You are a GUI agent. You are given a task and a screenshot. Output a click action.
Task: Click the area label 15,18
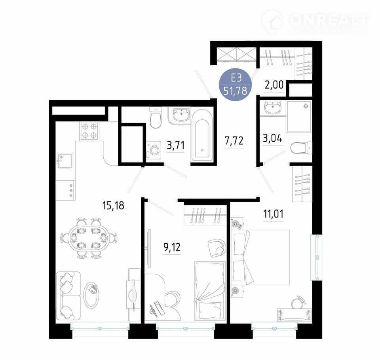pos(113,205)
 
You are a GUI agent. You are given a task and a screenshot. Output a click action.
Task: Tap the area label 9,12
pos(172,247)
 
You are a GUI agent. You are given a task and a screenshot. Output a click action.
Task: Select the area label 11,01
pos(273,214)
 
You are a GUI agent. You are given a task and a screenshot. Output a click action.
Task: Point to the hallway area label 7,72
pos(234,141)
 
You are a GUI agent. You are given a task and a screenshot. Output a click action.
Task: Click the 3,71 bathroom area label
pos(176,146)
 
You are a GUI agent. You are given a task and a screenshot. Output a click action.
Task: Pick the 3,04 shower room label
pos(272,138)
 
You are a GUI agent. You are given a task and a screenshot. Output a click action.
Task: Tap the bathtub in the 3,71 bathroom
pos(202,135)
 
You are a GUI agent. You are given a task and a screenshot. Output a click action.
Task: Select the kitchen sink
pos(64,161)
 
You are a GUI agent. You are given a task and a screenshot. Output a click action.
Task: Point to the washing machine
pos(154,150)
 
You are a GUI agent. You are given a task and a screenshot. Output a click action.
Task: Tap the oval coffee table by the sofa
pos(91,295)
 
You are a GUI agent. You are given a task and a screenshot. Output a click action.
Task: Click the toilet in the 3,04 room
pos(301,148)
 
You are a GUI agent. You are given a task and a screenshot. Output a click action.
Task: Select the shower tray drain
pos(306,106)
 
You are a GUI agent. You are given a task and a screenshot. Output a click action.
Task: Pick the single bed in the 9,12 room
pos(210,290)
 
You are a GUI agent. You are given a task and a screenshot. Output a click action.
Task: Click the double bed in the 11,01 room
pos(260,258)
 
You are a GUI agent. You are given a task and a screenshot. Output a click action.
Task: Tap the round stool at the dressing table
pos(298,303)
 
